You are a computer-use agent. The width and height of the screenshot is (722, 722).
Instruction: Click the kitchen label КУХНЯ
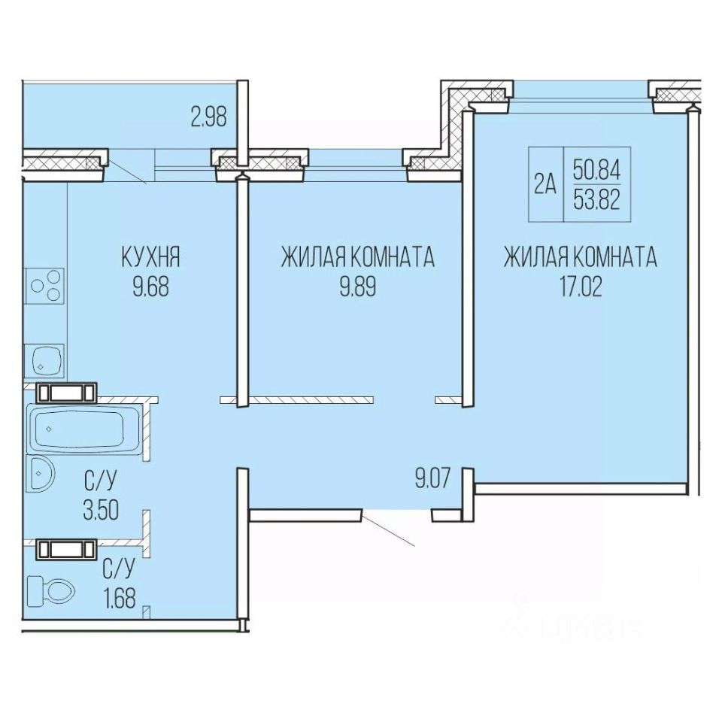pos(150,257)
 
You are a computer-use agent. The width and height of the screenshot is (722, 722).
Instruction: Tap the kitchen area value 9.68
pos(151,287)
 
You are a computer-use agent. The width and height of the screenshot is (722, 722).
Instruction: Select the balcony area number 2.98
pos(209,117)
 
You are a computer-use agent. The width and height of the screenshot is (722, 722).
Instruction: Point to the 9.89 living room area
pos(358,287)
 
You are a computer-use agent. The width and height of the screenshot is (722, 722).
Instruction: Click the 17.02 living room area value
pos(581,287)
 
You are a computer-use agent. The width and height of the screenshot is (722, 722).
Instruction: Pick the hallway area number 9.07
pos(432,478)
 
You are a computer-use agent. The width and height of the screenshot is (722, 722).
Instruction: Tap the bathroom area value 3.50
pos(101,510)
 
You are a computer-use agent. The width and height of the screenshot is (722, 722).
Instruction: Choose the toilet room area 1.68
pos(120,599)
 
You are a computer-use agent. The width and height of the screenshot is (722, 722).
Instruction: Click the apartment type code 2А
pos(546,185)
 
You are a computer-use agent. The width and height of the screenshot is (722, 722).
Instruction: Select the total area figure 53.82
pos(596,201)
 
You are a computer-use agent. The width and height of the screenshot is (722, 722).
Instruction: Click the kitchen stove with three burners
pos(44,286)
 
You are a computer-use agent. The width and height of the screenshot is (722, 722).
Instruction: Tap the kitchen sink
pos(44,360)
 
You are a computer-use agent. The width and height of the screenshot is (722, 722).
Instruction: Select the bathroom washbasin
pos(41,474)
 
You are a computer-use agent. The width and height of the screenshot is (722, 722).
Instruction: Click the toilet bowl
pos(50,590)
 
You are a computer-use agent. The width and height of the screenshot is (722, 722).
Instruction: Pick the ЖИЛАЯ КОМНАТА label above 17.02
pos(581,257)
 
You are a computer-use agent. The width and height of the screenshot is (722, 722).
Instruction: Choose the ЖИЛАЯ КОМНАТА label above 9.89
pos(358,257)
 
